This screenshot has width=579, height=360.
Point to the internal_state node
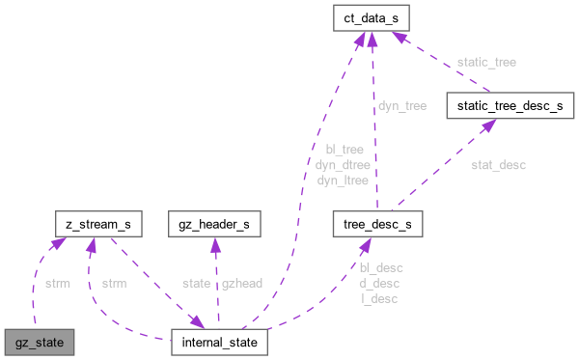(219, 342)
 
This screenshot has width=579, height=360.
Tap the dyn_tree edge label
(401, 107)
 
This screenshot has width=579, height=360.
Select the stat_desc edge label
(498, 165)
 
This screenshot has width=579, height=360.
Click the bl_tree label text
(344, 150)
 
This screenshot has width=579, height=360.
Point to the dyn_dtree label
(344, 164)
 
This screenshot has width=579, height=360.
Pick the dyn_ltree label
(344, 179)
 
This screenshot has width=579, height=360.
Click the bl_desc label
(380, 267)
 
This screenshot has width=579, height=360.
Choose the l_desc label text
(378, 298)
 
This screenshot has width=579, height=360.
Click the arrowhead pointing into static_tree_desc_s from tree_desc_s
(476, 125)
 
